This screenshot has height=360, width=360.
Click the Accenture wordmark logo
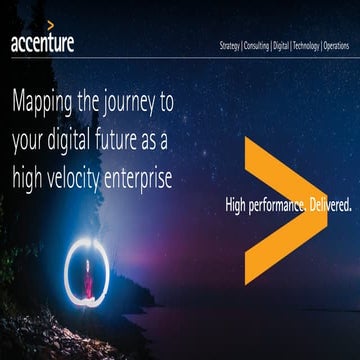[x=42, y=44]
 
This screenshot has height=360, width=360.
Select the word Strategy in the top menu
[x=229, y=46]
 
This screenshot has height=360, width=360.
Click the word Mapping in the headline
[x=47, y=101]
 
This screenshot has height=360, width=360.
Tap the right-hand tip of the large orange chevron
[x=325, y=211]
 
